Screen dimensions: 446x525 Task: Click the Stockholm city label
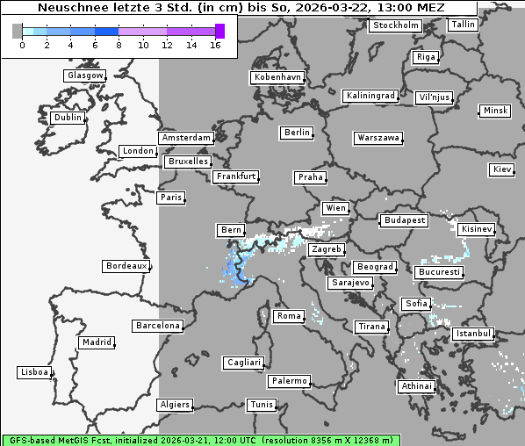396,25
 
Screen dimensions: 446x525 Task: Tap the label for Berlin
298,133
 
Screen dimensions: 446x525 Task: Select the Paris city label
171,198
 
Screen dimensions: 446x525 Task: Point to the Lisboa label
34,372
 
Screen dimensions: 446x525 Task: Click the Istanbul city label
473,334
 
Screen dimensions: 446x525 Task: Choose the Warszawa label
378,138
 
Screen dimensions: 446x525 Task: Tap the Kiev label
502,169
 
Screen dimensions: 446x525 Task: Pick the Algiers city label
174,405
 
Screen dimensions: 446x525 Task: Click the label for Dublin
67,118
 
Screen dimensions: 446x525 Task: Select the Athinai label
416,386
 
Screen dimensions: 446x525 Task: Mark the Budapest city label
404,220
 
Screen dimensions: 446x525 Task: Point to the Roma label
289,316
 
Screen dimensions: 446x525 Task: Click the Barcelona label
157,326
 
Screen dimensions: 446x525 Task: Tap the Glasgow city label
84,76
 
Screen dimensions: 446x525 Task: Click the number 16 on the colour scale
215,45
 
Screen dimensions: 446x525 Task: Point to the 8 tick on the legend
119,45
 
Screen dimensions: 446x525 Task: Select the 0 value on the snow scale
22,45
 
